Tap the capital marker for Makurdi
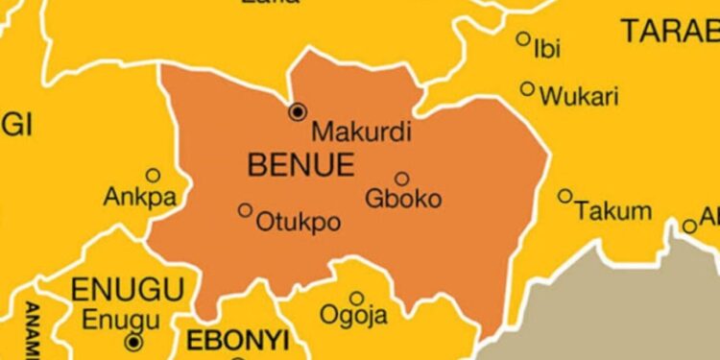[298, 111]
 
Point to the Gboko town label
[403, 200]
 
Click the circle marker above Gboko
[401, 178]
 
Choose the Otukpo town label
[298, 223]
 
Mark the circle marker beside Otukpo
[245, 210]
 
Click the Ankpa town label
[132, 200]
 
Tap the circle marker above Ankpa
[152, 175]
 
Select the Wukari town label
[579, 96]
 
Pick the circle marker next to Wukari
[527, 88]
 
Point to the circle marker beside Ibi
[523, 39]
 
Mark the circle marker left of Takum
[564, 196]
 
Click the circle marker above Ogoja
[356, 298]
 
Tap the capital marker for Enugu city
[133, 341]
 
